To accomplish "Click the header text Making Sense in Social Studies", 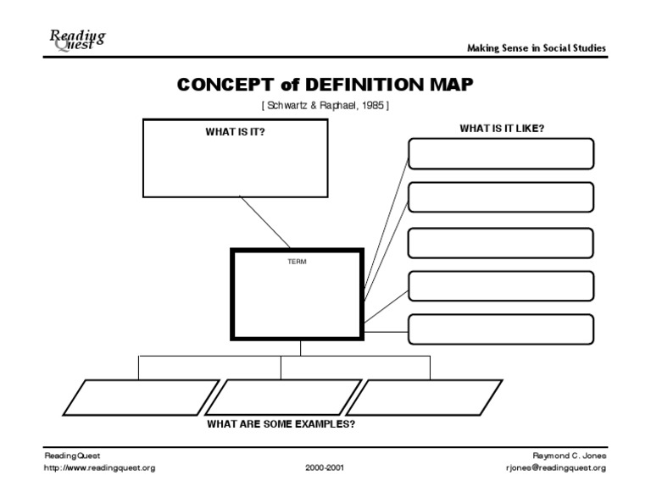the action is (537, 48).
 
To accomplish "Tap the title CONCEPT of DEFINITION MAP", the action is (325, 86).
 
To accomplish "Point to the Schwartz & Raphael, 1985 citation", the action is (325, 105).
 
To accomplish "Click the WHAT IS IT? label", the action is (235, 132).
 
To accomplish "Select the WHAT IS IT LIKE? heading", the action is (502, 129).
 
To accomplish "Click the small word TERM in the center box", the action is (297, 262).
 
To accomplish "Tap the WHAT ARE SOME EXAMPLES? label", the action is (281, 424).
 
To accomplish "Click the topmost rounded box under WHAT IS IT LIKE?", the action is (500, 154).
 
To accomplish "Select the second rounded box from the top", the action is (500, 197).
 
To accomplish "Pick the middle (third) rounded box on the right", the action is (500, 242).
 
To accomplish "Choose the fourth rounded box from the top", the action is (500, 285).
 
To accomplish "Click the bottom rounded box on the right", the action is (500, 329).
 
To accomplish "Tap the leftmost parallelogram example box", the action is (141, 397).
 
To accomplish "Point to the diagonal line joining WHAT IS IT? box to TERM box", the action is (265, 222).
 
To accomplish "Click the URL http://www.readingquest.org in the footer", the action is (99, 467).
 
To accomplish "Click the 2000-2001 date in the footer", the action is (325, 467).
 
